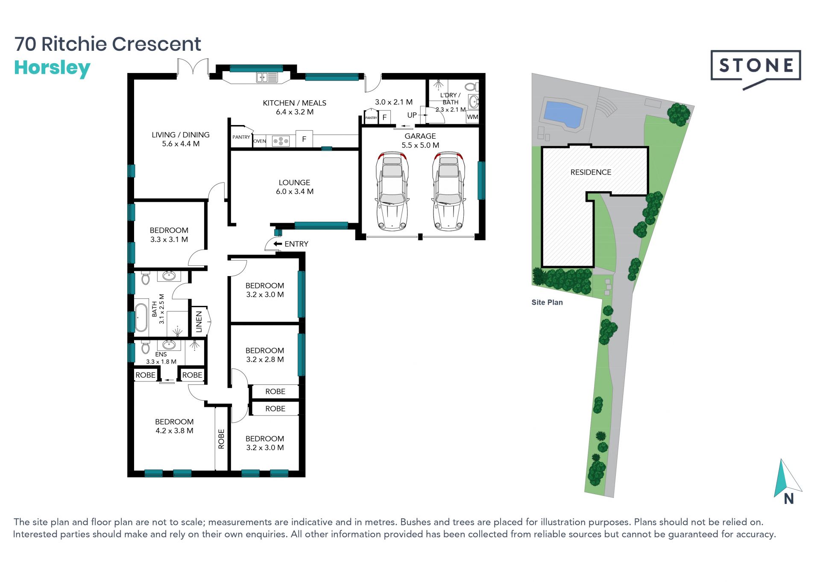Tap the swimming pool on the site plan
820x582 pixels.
[x=562, y=113]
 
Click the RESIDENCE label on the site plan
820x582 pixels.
[x=591, y=172]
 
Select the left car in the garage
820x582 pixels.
[x=392, y=191]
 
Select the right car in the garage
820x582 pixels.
[x=448, y=191]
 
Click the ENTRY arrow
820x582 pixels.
[x=278, y=244]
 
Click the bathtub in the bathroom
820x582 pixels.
[x=141, y=317]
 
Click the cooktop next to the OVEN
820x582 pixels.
[x=281, y=141]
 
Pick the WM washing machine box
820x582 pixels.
[x=472, y=117]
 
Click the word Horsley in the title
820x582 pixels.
[x=53, y=68]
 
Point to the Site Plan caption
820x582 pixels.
[x=547, y=302]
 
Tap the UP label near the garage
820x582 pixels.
[x=412, y=115]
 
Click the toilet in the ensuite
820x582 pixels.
[x=145, y=347]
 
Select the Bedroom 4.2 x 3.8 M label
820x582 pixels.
[x=174, y=426]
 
